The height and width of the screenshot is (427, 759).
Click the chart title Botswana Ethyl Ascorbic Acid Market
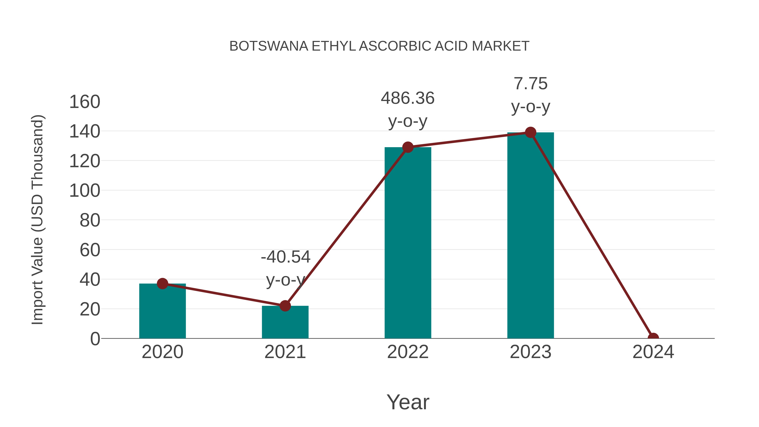click(379, 46)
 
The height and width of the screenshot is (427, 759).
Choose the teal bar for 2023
click(530, 236)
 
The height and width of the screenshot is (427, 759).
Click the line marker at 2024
click(653, 338)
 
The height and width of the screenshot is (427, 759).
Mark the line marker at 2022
click(408, 147)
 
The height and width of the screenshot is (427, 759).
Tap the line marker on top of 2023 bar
click(530, 132)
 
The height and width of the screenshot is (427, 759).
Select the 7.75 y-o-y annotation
click(530, 95)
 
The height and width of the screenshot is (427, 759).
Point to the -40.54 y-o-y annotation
click(285, 268)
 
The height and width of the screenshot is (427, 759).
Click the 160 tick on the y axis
click(85, 102)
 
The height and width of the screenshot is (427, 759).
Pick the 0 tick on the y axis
click(95, 339)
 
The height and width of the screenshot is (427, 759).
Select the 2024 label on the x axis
click(653, 352)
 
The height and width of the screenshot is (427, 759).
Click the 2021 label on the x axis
click(285, 352)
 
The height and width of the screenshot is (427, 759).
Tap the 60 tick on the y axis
click(90, 250)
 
